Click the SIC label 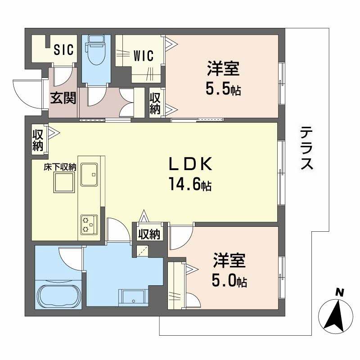coord(63,49)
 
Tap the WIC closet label coord(144,56)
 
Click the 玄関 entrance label coord(62,98)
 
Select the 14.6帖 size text coord(190,184)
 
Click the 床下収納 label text coord(59,167)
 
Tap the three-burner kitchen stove coord(89,224)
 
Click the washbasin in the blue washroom coord(131,297)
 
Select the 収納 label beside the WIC coord(155,103)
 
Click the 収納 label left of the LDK coord(37,141)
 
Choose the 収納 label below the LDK coord(148,234)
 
